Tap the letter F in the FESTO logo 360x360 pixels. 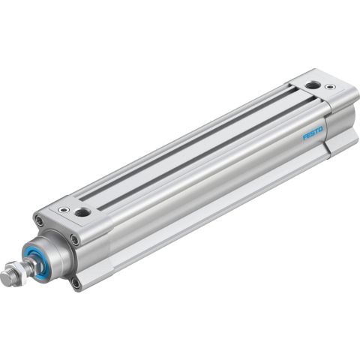305,139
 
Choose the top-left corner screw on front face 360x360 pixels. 39,220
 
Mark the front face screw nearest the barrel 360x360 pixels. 74,239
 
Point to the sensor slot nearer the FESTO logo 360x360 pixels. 202,149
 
